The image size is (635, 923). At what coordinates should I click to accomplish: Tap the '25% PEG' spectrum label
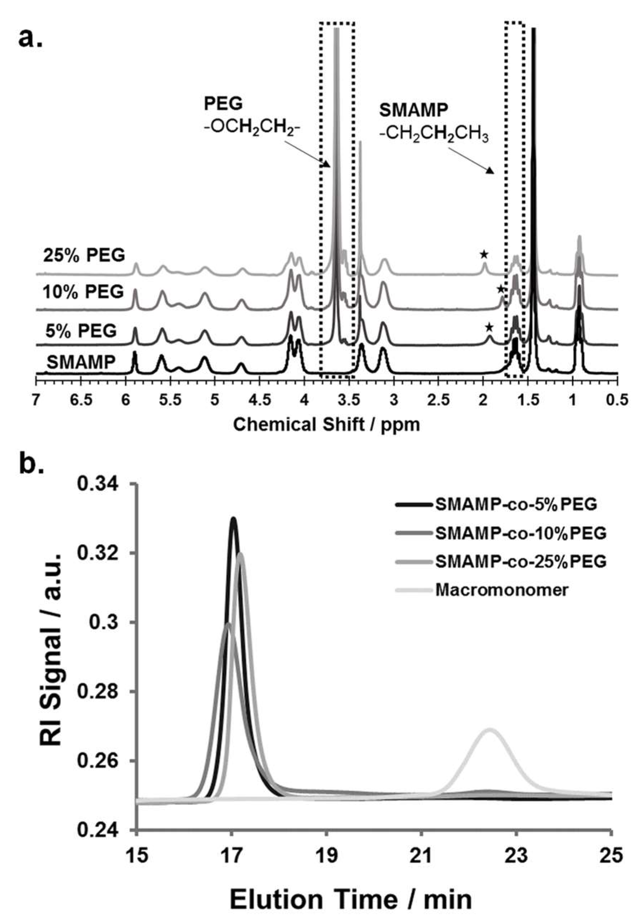click(x=84, y=255)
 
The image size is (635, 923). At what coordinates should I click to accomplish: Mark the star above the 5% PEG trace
click(x=489, y=328)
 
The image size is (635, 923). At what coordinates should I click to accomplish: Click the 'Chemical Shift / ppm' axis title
click(x=326, y=425)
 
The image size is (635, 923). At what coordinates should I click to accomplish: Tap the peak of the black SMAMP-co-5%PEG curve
click(x=233, y=518)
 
